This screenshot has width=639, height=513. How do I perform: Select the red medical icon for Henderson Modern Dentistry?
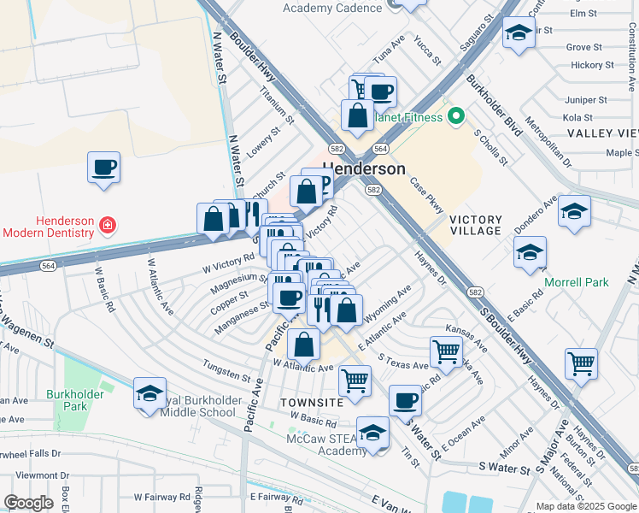108,226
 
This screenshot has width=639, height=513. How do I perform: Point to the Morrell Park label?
577,282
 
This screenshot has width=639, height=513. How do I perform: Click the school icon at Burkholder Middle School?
149,393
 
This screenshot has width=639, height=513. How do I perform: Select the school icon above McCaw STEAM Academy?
372,432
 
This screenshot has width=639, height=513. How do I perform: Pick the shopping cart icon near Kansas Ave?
446,350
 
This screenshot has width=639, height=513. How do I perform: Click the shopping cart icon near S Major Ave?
581,363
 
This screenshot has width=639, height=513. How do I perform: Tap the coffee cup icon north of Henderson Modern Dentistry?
103,167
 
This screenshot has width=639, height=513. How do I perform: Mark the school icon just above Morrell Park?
530,252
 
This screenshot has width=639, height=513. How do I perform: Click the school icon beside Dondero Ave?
574,210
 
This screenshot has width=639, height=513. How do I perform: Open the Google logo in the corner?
29,503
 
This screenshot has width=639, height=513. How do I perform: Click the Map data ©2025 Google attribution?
585,506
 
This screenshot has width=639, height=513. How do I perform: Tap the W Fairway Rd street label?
161,496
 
